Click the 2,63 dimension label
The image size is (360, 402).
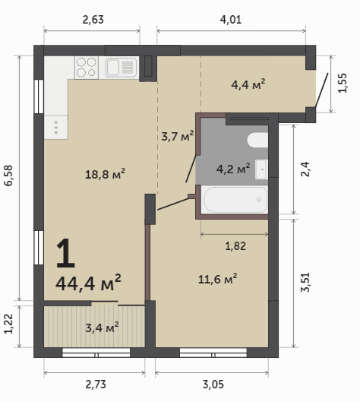tap(93, 20)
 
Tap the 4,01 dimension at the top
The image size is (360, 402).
tap(231, 20)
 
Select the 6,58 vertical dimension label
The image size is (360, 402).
tap(8, 176)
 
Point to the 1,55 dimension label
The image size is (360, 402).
tap(343, 83)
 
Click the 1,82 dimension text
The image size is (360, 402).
tap(235, 246)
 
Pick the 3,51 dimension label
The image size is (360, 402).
tap(305, 282)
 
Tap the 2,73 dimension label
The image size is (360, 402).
tap(96, 385)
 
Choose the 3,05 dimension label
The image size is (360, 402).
tap(213, 385)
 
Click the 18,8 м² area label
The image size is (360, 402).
tap(105, 174)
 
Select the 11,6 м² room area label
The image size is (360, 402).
tap(217, 279)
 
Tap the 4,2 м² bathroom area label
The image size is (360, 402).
tap(233, 169)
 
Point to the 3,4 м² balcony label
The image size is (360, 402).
tap(102, 328)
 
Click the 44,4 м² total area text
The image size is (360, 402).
tap(88, 283)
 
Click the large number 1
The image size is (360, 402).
tap(65, 253)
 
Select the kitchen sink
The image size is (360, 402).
tap(118, 68)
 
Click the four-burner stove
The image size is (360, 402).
tap(87, 68)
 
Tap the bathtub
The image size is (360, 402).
tap(235, 199)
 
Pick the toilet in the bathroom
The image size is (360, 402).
tap(257, 140)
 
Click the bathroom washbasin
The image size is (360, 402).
tap(261, 169)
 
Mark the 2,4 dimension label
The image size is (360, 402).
tap(305, 169)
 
